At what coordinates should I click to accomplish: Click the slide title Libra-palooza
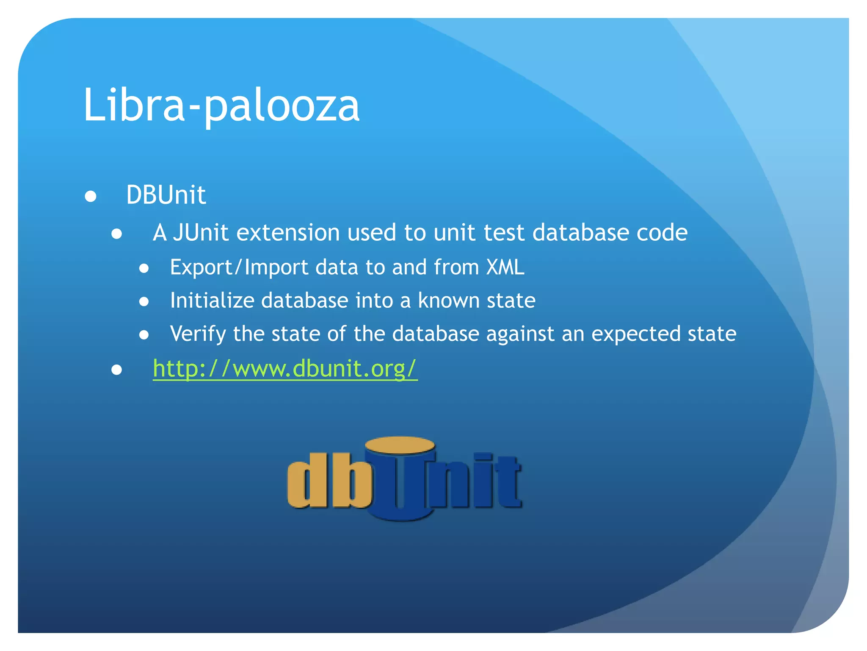221,105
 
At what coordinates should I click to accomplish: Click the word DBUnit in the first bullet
166,195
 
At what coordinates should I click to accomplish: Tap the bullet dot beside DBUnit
91,196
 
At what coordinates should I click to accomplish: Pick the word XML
505,267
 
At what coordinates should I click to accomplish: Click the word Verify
198,334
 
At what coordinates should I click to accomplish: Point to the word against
520,334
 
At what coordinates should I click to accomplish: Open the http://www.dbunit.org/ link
285,368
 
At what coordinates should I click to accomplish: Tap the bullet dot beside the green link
117,370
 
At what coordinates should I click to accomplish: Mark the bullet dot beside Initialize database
144,301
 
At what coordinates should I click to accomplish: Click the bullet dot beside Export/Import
144,268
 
